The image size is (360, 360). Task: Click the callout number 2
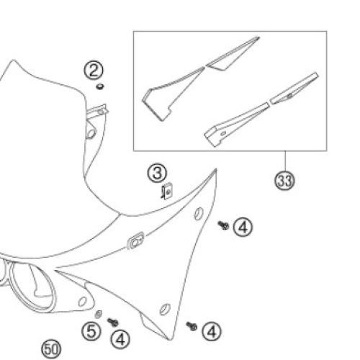tap(94, 70)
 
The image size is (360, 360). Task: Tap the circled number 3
tap(157, 173)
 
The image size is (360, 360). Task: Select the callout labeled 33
tap(284, 181)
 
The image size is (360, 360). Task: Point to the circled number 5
tap(91, 331)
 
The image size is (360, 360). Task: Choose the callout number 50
tap(51, 349)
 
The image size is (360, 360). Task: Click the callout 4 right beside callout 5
tap(120, 339)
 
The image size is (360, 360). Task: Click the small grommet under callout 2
tap(100, 86)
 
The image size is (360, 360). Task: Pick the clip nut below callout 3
tap(167, 191)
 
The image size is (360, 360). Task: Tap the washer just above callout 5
tap(99, 314)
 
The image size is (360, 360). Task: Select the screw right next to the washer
tap(112, 322)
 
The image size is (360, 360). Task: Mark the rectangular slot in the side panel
tap(135, 241)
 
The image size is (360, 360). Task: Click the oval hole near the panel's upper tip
tap(199, 214)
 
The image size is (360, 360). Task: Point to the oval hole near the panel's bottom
tap(165, 310)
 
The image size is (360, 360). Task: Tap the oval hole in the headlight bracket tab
tap(82, 302)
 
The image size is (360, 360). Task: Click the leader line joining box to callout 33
tap(285, 161)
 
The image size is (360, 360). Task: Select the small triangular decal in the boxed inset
tap(232, 55)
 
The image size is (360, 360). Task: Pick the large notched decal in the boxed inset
tap(172, 94)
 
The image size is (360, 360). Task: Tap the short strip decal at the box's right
tap(294, 88)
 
